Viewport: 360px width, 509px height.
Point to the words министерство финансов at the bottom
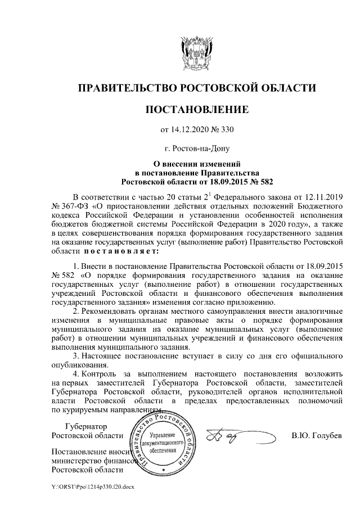tap(93, 461)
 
